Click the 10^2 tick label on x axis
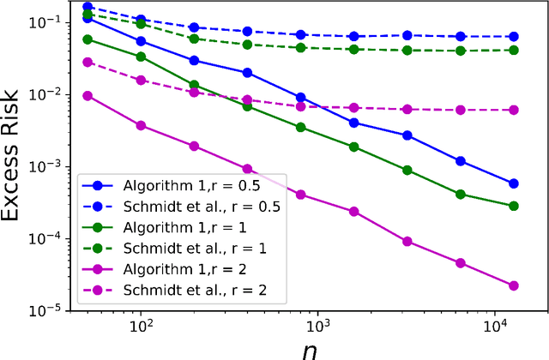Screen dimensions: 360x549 point(141,327)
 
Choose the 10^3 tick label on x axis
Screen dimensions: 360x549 point(318,327)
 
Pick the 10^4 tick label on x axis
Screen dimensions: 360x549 point(496,327)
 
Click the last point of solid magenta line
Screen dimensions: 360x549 point(514,285)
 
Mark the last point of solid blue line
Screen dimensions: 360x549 point(514,183)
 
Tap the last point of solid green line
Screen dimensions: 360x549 point(514,206)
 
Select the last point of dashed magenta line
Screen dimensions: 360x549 point(514,110)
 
